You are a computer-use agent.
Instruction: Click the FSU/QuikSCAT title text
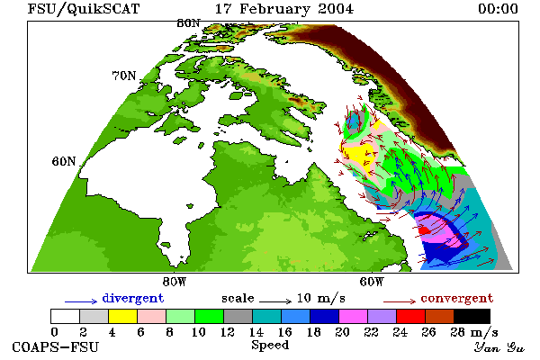point(84,9)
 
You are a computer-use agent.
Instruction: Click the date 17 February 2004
point(284,9)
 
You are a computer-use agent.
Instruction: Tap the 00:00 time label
point(498,9)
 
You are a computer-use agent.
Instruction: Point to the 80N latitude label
point(188,23)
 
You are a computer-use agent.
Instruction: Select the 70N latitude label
point(124,76)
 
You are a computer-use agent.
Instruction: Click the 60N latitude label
point(64,161)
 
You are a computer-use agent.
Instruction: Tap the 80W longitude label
point(175,282)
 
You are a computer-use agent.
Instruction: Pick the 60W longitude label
point(372,282)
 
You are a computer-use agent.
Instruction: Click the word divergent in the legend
point(133,298)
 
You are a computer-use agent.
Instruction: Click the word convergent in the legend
point(457,298)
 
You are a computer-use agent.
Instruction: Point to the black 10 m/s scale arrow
point(275,301)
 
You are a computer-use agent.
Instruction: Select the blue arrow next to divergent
point(81,301)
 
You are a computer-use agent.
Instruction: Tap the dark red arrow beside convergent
point(400,301)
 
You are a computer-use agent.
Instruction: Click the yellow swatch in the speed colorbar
point(122,316)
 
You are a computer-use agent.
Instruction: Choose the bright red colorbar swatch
point(410,316)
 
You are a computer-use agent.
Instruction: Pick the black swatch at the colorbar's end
point(472,316)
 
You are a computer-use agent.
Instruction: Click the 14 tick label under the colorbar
point(256,332)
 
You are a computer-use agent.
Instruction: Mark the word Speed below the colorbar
point(270,346)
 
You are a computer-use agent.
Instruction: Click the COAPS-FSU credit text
point(55,346)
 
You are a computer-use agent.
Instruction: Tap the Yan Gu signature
point(499,347)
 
